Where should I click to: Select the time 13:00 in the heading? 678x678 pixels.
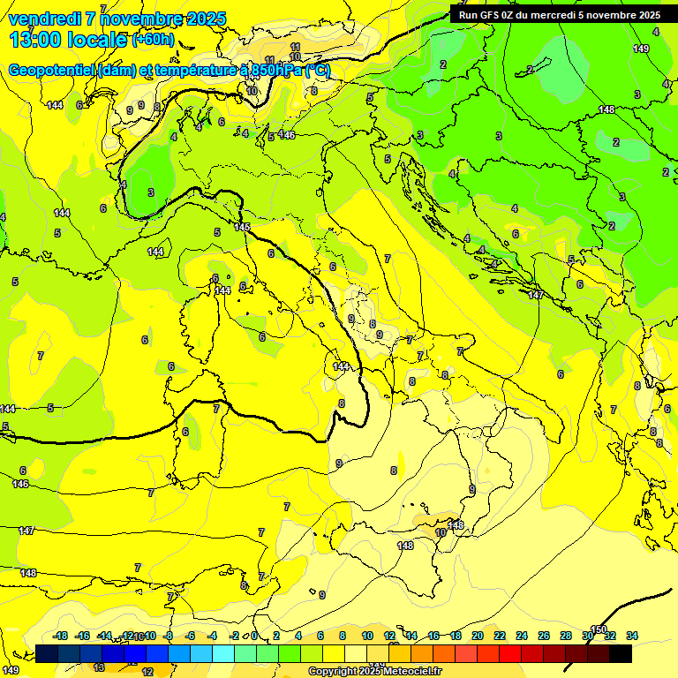coord(36,40)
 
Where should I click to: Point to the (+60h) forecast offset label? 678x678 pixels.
coord(154,40)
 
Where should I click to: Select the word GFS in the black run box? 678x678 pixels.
coord(492,15)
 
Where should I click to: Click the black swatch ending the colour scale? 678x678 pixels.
coord(621,653)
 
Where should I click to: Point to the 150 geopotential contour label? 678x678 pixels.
coord(599,629)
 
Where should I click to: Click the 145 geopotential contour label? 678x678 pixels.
coord(244,228)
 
